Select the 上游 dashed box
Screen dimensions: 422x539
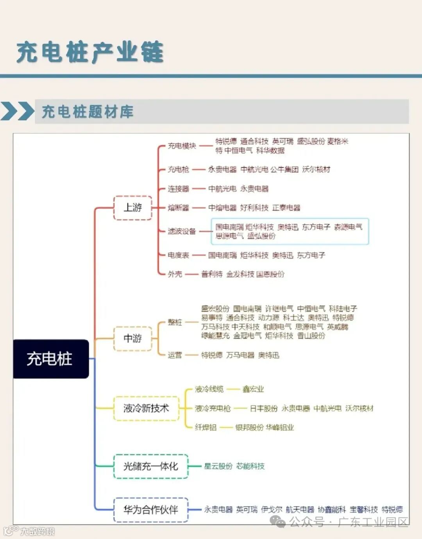(x=132, y=207)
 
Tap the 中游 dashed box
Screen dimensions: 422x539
(x=132, y=338)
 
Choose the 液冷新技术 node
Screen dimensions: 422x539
(x=146, y=409)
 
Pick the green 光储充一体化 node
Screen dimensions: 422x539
(x=150, y=466)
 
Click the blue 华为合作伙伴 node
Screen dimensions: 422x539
(x=150, y=510)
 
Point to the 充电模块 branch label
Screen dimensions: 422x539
(x=182, y=146)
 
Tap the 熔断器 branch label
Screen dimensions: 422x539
(x=178, y=208)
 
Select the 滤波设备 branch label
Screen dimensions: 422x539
(x=182, y=231)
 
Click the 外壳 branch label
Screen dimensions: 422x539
(x=175, y=274)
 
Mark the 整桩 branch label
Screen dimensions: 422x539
(x=175, y=322)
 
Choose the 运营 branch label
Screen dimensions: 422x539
(x=175, y=355)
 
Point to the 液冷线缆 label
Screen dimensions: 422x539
(x=209, y=389)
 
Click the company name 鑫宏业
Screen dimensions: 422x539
(x=253, y=389)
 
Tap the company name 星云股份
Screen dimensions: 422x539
(x=218, y=466)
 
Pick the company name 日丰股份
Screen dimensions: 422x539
(x=264, y=409)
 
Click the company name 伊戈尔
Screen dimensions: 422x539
(x=272, y=510)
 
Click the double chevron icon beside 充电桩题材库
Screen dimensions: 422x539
(x=18, y=111)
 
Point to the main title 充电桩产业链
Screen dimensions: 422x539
(x=90, y=52)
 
